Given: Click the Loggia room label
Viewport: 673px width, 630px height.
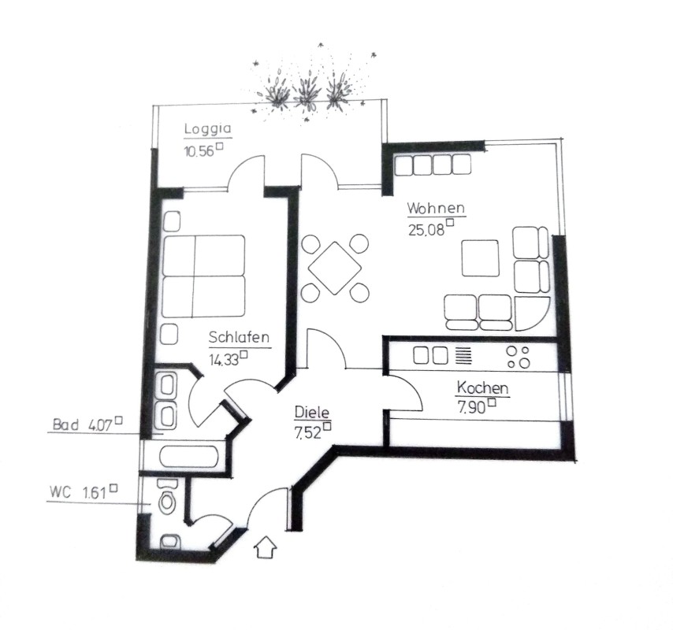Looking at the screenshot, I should coord(202,130).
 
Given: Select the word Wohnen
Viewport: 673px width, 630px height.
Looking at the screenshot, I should coord(436,209).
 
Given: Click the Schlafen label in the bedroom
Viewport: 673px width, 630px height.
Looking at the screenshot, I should coord(240,339).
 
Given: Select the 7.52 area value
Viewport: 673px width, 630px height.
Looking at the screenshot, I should coord(307,432).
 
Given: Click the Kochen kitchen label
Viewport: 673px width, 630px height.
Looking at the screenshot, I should coord(482,388).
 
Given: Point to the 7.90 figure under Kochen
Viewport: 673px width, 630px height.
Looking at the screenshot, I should coord(471,408).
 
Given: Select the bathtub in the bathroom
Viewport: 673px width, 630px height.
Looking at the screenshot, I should coord(189,456).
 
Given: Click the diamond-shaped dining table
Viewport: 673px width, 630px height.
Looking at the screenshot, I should coord(335,268).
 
